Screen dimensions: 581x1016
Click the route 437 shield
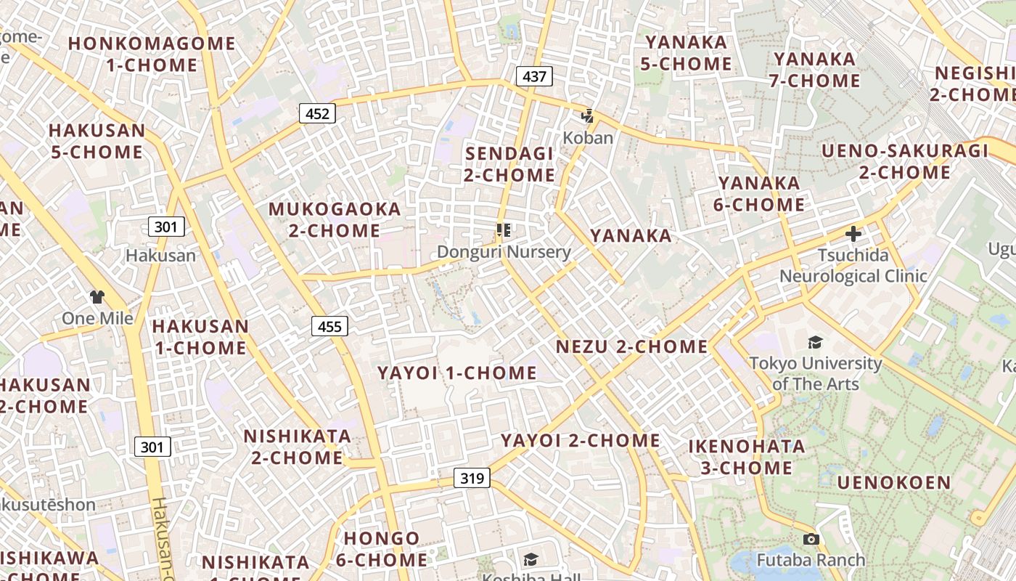[534, 76]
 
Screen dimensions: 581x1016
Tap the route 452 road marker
[317, 113]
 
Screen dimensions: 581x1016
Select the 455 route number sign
[329, 326]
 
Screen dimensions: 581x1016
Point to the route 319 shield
[472, 478]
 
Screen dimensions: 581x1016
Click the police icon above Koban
[588, 115]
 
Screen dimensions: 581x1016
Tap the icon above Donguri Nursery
[504, 230]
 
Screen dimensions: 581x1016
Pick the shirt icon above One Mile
[97, 296]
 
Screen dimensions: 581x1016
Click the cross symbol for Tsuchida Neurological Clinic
[853, 234]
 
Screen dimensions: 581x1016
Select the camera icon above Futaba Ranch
[811, 539]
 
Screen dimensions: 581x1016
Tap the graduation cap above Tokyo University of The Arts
[815, 341]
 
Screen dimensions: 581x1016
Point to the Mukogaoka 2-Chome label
[335, 220]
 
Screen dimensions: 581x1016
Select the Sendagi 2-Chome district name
[509, 164]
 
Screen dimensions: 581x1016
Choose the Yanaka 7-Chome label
[814, 70]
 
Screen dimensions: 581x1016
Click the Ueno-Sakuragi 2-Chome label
[905, 162]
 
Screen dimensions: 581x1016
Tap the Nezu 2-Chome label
[631, 347]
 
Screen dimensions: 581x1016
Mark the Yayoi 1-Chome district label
[457, 373]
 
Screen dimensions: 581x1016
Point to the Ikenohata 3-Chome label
[747, 457]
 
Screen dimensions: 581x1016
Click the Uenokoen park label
[893, 483]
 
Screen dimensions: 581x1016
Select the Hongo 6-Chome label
[382, 549]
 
